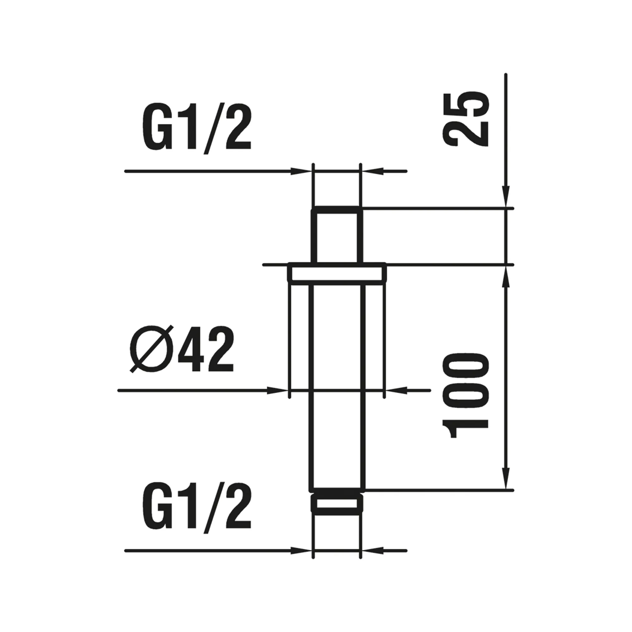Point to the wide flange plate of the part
[337, 273]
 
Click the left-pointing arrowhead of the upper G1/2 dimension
[372, 171]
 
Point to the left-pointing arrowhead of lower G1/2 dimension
[372, 551]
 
